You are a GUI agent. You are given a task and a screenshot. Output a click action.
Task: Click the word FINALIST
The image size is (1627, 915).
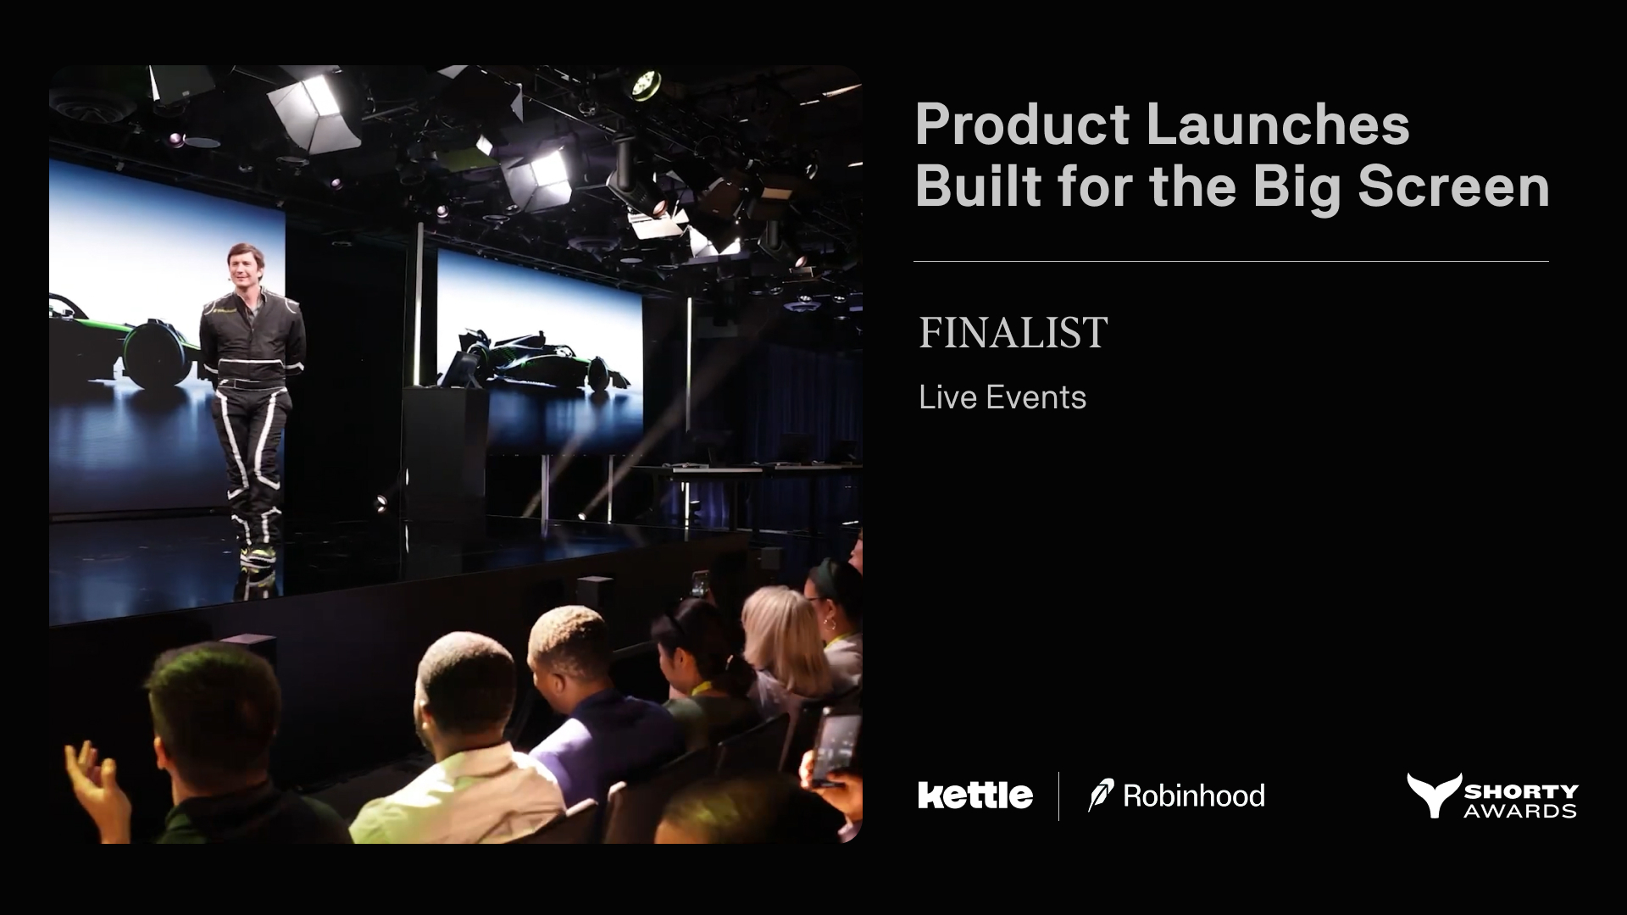click(1013, 333)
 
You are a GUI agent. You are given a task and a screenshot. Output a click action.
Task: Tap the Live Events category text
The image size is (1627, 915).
click(1002, 397)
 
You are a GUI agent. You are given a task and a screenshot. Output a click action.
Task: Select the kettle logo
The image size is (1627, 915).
click(975, 795)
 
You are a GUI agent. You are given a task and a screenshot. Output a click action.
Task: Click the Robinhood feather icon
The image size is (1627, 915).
click(1101, 796)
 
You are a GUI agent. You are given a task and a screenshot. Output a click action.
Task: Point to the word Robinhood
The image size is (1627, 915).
click(1194, 796)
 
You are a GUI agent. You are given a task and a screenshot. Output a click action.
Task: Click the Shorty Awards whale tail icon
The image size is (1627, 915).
click(1435, 795)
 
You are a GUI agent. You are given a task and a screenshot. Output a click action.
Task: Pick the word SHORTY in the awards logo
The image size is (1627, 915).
click(1522, 791)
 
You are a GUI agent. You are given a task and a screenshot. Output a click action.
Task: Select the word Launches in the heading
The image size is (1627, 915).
click(1278, 124)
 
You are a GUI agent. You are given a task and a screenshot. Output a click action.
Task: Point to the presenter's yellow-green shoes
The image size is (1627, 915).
click(257, 557)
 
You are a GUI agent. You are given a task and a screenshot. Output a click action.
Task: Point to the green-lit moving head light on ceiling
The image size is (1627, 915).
click(645, 84)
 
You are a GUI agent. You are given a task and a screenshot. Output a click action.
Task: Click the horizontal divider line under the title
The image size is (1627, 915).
click(1231, 262)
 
